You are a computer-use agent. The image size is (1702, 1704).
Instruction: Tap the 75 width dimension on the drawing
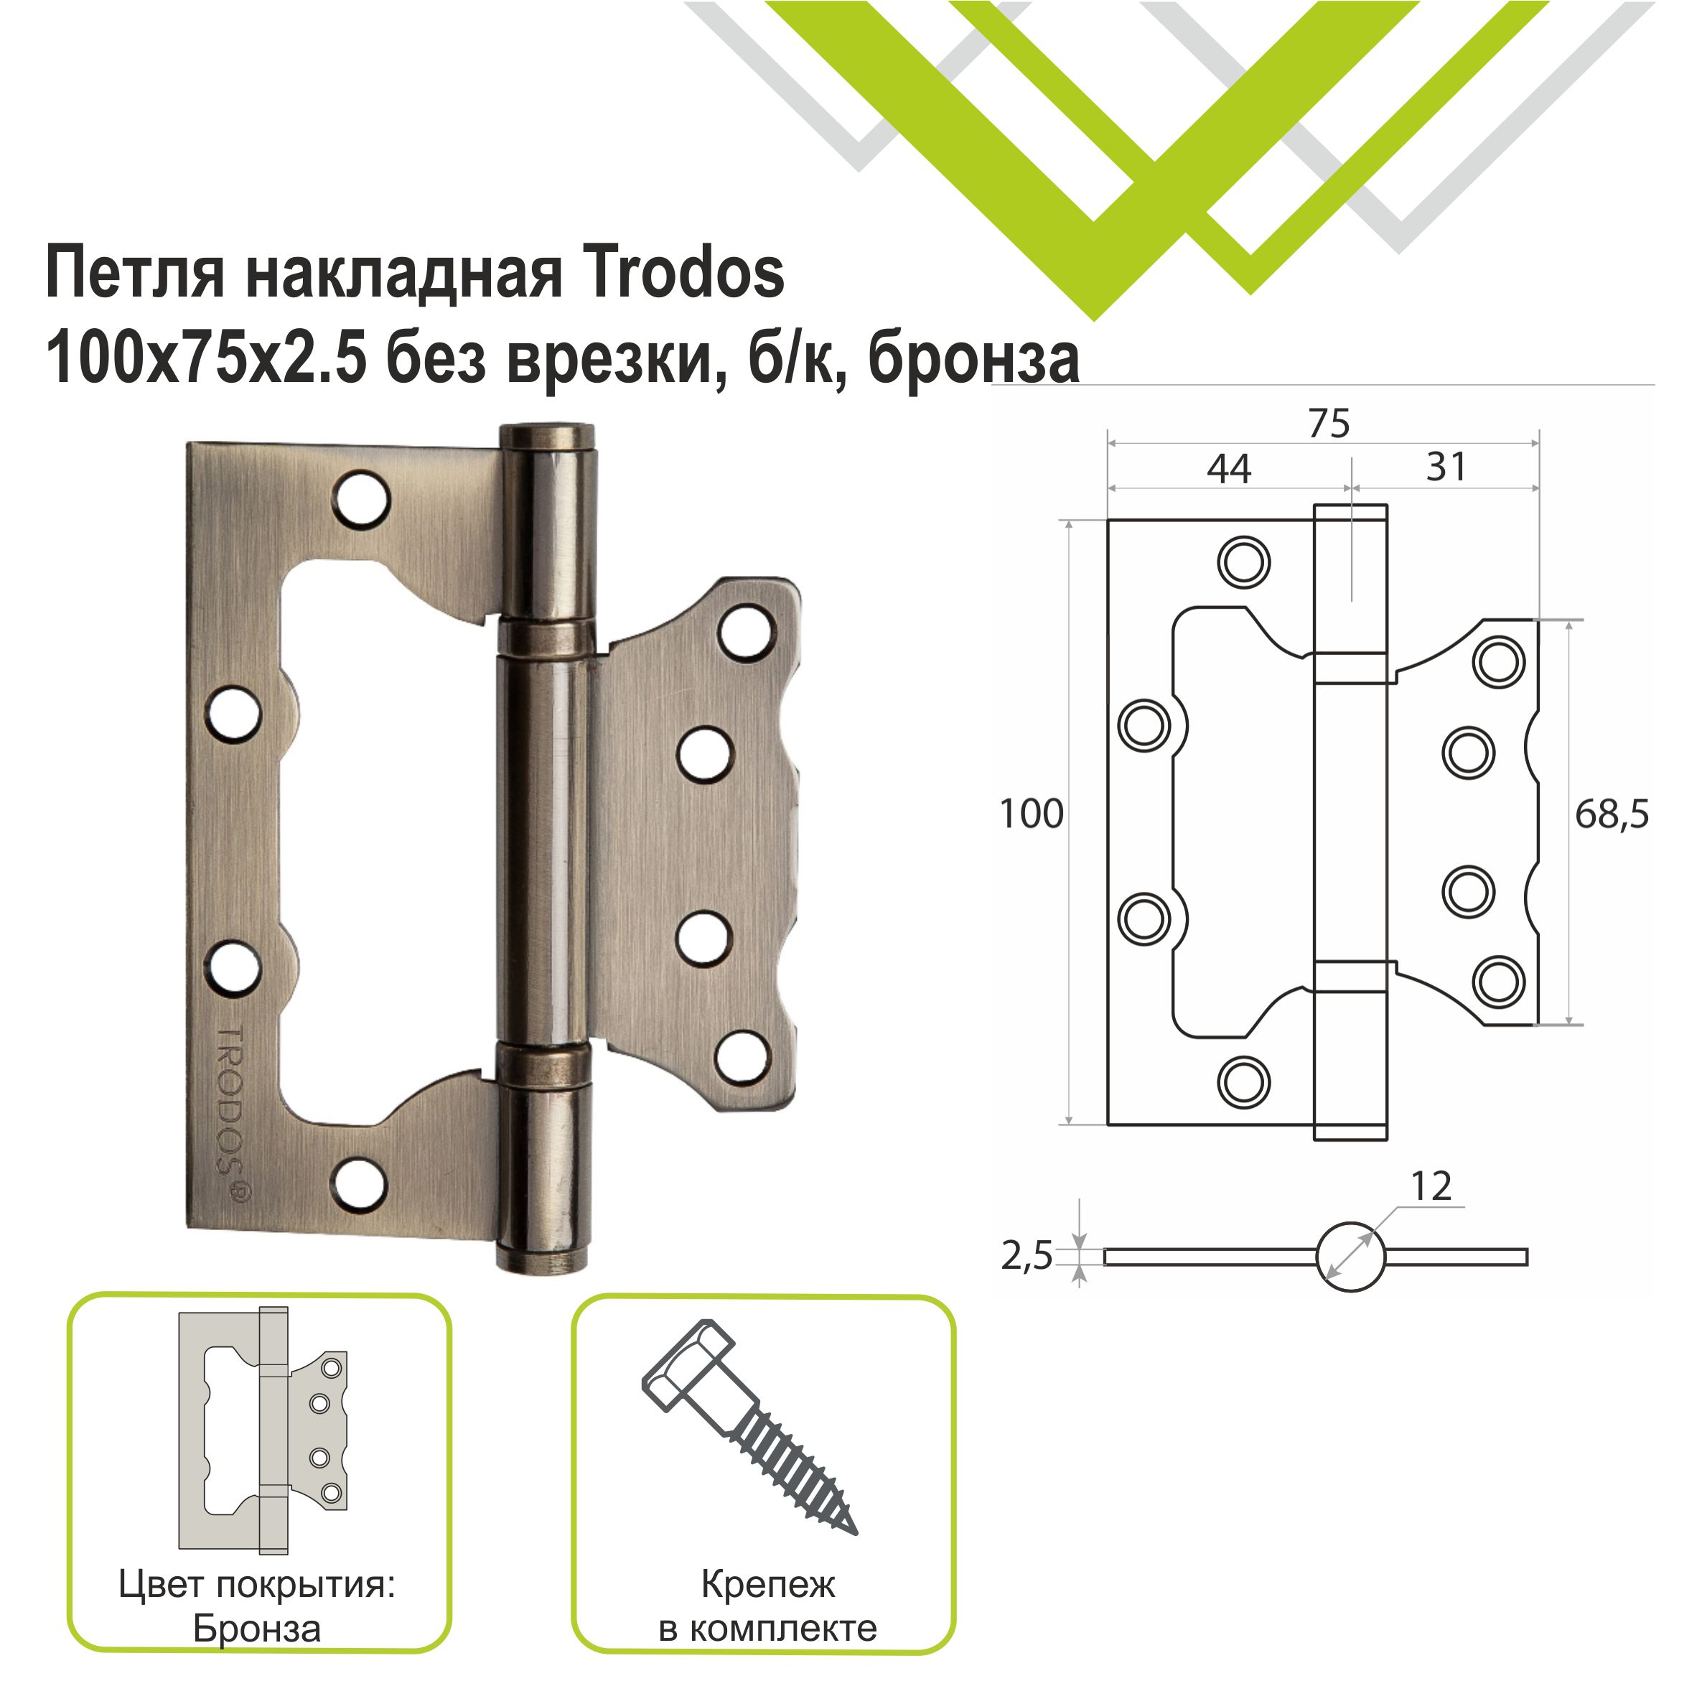tap(1328, 424)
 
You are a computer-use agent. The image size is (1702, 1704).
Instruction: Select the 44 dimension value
tap(1228, 469)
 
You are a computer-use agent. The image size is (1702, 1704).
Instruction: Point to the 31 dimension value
tap(1446, 467)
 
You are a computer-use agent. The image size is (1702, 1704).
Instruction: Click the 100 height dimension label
tap(1031, 814)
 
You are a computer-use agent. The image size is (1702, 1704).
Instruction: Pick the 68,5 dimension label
tap(1611, 815)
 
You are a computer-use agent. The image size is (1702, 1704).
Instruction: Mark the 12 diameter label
tap(1431, 1187)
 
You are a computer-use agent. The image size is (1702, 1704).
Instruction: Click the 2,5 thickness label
tap(1027, 1255)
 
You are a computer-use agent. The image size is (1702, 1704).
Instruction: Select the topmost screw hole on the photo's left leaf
tap(362, 500)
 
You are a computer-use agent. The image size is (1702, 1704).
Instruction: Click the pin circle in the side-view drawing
tap(1350, 1257)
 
